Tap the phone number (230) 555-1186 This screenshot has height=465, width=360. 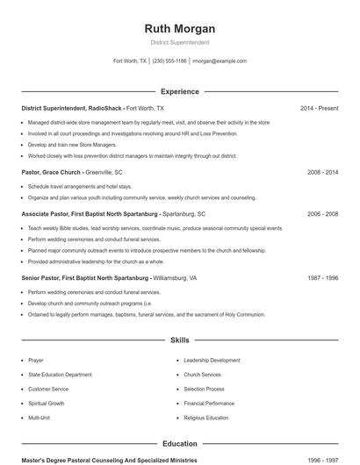point(169,61)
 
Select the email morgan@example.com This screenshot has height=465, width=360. point(220,61)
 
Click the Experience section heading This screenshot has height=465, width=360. point(180,91)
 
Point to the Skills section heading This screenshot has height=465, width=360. point(180,340)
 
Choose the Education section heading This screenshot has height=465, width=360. point(180,444)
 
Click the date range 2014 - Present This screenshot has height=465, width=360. point(319,108)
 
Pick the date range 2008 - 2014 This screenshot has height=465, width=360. point(322,173)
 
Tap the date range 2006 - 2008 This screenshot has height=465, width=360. point(322,213)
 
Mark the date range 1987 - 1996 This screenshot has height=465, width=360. point(322,277)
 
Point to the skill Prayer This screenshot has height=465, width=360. point(35,360)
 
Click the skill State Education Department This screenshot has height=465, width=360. point(58,375)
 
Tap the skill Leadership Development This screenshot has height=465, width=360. point(212,360)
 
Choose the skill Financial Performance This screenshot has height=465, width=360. point(209,404)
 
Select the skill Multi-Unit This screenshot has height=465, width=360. point(39,418)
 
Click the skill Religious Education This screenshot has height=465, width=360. point(206,418)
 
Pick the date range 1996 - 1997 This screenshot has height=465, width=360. point(322,460)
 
